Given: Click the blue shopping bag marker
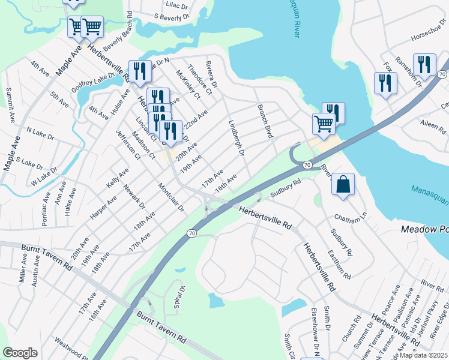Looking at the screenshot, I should point(342,185).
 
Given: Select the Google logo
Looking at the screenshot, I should point(20,352).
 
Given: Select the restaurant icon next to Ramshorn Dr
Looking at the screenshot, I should point(424,65).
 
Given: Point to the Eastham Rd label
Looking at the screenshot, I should point(339,265).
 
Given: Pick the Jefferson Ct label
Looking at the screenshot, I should point(127,146).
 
